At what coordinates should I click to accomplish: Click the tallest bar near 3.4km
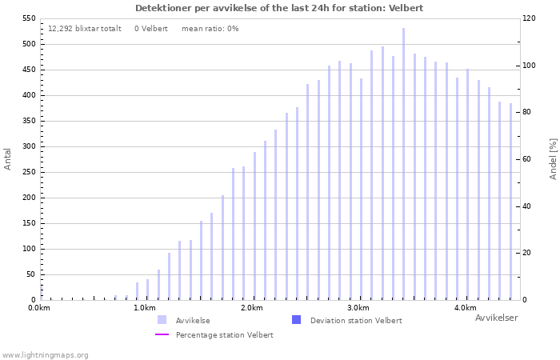(403, 164)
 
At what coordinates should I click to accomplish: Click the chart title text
(279, 8)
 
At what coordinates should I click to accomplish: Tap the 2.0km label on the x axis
(252, 308)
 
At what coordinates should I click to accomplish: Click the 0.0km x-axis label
(39, 308)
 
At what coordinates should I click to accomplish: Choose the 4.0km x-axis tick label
(465, 308)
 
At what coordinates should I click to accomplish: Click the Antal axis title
(8, 158)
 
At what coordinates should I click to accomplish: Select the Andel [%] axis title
(553, 158)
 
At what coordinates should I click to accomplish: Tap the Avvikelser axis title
(496, 318)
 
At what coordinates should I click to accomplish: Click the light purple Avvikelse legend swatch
(162, 320)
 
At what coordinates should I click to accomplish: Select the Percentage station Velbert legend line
(162, 335)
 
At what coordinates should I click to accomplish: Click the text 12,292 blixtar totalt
(85, 29)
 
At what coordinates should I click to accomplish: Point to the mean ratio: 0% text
(210, 29)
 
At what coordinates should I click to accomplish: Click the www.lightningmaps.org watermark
(45, 355)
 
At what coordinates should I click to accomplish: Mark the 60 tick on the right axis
(529, 159)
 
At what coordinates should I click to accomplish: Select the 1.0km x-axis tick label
(145, 308)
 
